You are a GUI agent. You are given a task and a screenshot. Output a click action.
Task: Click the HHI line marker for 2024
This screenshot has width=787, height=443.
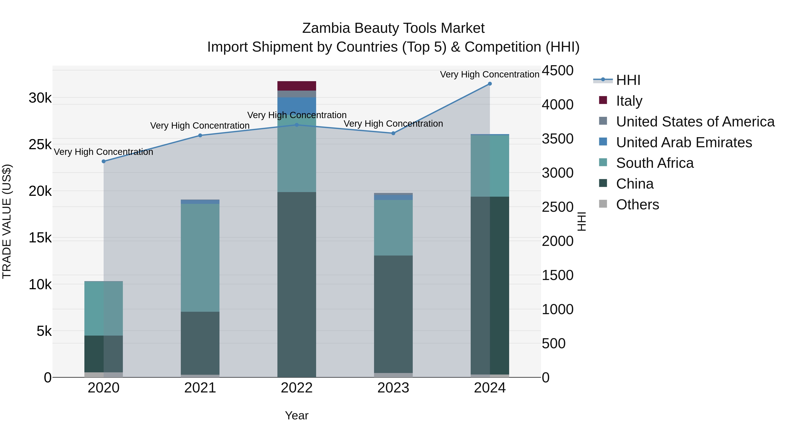(x=490, y=84)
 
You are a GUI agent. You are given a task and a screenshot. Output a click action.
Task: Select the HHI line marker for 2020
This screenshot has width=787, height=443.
(x=104, y=161)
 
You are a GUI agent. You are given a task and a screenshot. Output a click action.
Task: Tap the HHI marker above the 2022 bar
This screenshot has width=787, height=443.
(x=297, y=125)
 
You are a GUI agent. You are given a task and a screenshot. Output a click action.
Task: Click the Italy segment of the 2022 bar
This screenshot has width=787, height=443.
(x=297, y=86)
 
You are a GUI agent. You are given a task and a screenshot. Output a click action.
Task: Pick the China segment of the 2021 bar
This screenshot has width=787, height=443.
(x=200, y=343)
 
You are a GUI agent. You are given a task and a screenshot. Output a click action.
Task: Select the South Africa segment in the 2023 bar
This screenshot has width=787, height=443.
(x=393, y=228)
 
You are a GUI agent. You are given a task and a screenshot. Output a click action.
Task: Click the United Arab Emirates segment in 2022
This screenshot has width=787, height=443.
(x=297, y=105)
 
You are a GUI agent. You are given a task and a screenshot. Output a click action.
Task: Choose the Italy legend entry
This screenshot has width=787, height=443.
(x=629, y=101)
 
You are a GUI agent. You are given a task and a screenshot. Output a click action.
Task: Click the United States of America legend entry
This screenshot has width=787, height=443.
(x=695, y=122)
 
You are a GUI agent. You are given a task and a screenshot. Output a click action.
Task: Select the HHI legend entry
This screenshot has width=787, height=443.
(x=628, y=80)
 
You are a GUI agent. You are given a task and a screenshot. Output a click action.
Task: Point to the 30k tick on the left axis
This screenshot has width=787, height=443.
(x=40, y=98)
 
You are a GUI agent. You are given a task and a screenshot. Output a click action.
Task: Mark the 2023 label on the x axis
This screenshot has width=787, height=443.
(x=393, y=388)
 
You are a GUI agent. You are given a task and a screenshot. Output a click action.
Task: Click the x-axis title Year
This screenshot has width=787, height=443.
(x=297, y=415)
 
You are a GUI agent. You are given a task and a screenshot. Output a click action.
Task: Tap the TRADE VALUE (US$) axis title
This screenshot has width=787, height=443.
(x=7, y=221)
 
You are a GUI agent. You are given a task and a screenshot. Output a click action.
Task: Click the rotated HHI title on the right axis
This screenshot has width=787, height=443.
(x=582, y=221)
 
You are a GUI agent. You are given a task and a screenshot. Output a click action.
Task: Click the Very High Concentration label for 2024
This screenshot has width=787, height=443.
(x=489, y=74)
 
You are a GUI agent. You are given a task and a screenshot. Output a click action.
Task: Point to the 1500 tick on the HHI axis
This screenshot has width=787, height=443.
(x=557, y=275)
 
